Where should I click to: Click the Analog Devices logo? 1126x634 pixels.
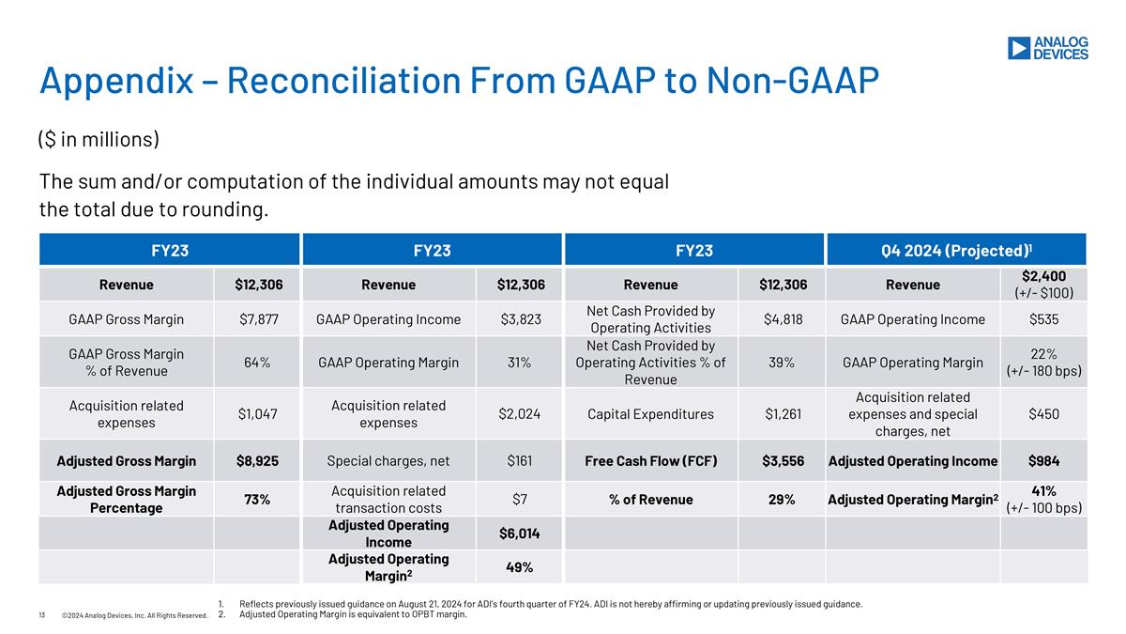tap(1047, 48)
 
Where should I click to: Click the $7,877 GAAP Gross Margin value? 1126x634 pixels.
tap(258, 319)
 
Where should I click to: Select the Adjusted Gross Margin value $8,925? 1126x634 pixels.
tap(258, 461)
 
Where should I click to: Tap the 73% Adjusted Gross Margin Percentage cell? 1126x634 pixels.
tap(258, 500)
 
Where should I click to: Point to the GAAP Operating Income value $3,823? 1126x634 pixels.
tap(521, 319)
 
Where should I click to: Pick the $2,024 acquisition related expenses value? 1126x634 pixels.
tap(521, 414)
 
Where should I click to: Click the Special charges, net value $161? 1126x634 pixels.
tap(521, 461)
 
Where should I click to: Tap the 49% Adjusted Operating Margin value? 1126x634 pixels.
tap(521, 567)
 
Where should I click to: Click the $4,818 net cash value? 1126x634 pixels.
tap(783, 319)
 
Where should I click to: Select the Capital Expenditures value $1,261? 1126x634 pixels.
tap(783, 414)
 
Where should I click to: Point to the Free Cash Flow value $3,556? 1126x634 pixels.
tap(783, 461)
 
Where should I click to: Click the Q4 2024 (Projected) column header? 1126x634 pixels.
tap(955, 251)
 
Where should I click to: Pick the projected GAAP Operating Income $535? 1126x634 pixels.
tap(1043, 319)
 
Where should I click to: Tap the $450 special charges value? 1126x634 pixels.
tap(1043, 414)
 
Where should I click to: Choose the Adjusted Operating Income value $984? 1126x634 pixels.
tap(1043, 461)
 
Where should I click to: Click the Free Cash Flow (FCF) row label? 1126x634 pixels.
tap(651, 461)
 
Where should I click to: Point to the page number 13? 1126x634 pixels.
tap(42, 615)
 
